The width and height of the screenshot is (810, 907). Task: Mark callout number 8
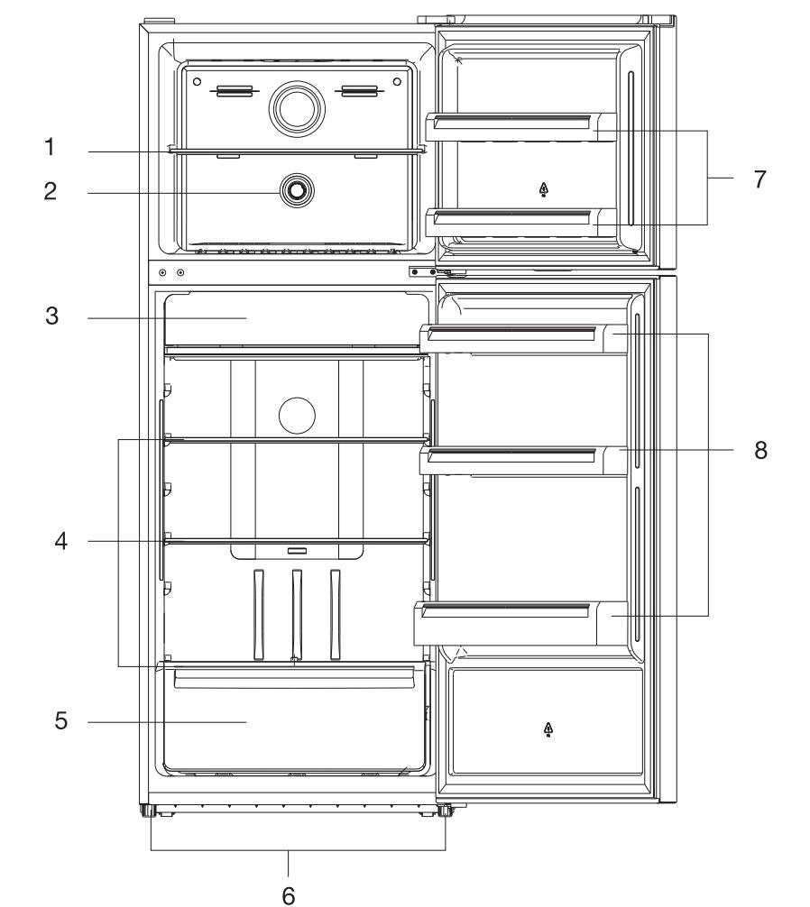pyautogui.click(x=760, y=451)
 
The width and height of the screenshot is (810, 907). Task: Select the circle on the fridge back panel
pyautogui.click(x=297, y=415)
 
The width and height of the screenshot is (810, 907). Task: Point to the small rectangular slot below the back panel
pyautogui.click(x=297, y=549)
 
